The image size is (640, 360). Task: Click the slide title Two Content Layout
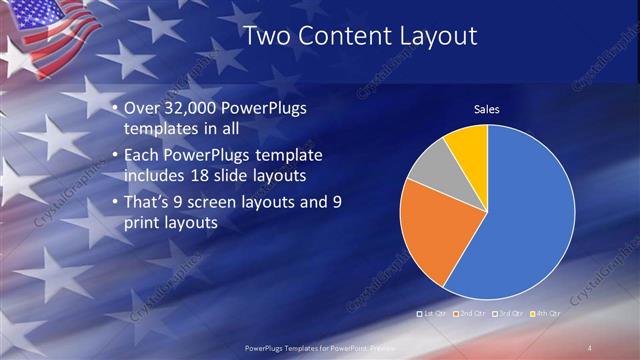pos(360,36)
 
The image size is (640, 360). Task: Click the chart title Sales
pos(486,110)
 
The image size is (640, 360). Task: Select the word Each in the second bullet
pos(143,156)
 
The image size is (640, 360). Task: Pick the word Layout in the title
pos(437,36)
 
